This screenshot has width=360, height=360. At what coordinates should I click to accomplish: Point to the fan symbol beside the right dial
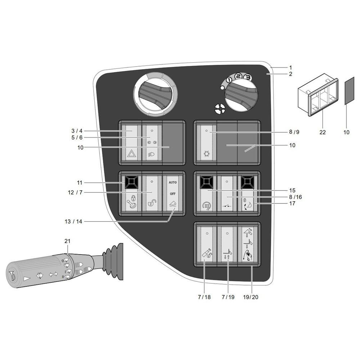click(219, 108)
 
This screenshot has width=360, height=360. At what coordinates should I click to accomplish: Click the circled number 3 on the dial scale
click(247, 76)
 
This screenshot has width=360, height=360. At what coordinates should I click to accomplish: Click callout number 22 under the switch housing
click(322, 132)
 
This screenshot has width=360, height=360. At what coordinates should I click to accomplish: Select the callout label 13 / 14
click(73, 222)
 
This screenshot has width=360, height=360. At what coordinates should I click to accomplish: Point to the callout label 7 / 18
click(204, 297)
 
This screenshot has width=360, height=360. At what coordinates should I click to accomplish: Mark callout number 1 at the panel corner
click(290, 67)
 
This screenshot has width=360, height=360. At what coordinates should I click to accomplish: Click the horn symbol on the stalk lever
click(12, 275)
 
